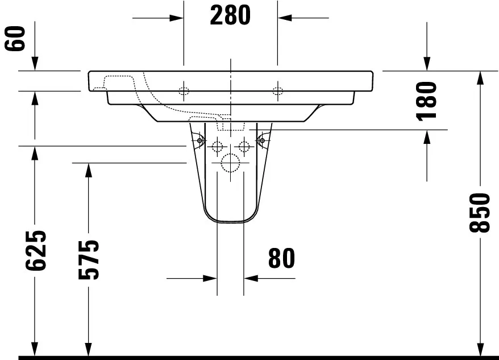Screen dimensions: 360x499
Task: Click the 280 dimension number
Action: point(230,16)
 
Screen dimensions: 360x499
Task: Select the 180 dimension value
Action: point(427,100)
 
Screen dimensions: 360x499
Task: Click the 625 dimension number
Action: point(35,250)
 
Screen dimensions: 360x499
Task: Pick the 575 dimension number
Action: point(88,259)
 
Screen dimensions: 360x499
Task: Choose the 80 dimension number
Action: point(281,259)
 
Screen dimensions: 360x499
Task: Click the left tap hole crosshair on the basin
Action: point(184,91)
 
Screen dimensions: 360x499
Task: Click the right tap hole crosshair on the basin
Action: point(277,91)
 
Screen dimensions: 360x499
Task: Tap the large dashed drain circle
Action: point(230,163)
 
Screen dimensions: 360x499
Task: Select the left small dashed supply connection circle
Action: point(217,147)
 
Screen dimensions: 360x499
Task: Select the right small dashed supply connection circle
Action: point(244,147)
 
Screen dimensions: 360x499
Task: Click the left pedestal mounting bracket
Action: point(198,139)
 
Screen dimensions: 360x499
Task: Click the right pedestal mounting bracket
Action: point(263,139)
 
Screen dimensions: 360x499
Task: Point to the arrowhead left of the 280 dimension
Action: point(177,18)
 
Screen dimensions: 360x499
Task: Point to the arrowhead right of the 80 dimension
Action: point(251,279)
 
